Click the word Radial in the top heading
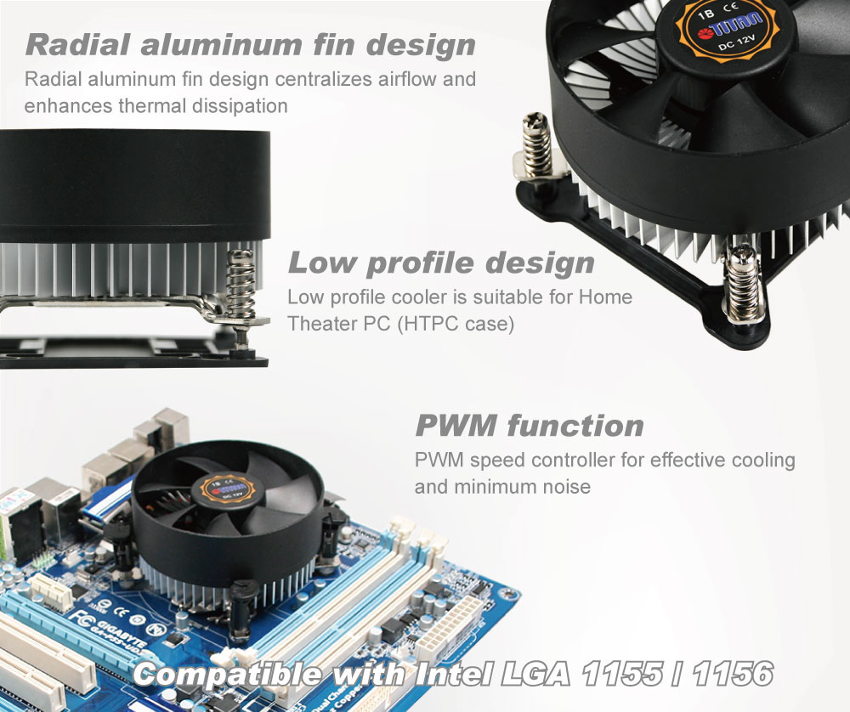point(78,44)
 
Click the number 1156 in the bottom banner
point(733,674)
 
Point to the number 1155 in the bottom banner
point(622,674)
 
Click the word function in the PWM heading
point(575,426)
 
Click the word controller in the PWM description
point(573,460)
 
